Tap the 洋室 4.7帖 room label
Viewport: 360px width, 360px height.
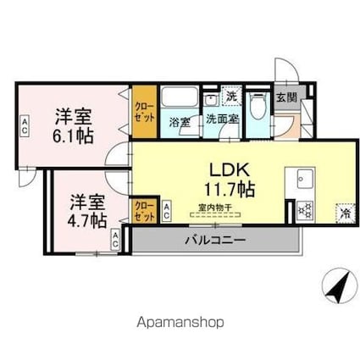click(x=87, y=212)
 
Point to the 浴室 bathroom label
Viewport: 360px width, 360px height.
click(x=179, y=120)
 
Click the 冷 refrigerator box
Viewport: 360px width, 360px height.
click(x=344, y=213)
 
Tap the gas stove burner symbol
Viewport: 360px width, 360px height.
click(x=306, y=208)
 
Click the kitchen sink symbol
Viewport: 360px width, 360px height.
click(x=305, y=179)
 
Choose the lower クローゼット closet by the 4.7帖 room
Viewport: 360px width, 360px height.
click(x=144, y=211)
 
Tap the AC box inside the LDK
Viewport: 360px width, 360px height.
click(x=167, y=208)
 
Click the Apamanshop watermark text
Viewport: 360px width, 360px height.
click(x=180, y=322)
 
